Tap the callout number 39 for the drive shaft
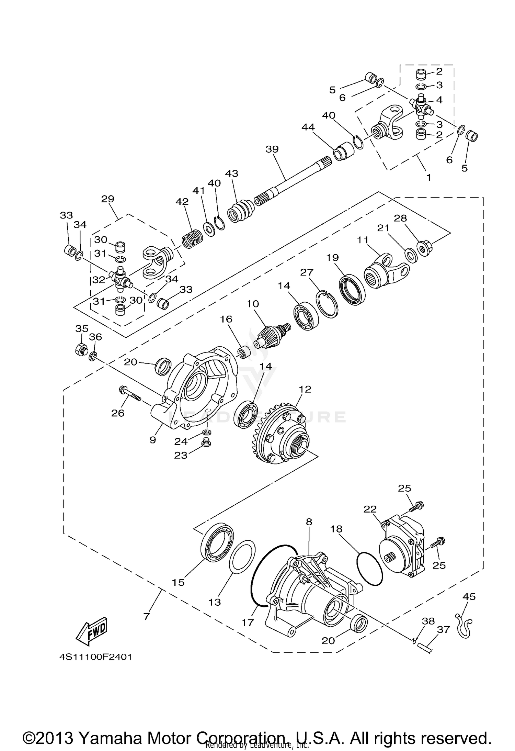[272, 149]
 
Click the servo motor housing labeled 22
[402, 550]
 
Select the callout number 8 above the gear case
[309, 522]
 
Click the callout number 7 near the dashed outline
[147, 616]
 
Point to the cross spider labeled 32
[121, 278]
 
